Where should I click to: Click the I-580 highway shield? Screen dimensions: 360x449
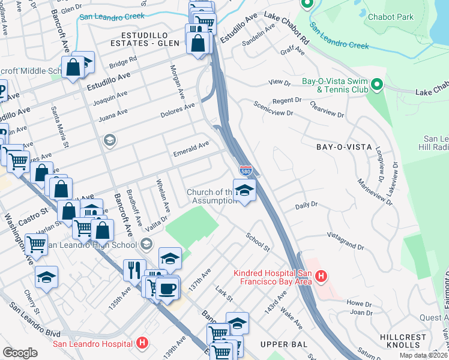[x=246, y=171]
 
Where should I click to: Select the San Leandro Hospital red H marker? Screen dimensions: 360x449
[x=142, y=343]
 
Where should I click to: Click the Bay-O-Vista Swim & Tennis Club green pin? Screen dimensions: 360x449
[x=376, y=85]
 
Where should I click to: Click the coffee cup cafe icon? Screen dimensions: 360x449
[x=167, y=287]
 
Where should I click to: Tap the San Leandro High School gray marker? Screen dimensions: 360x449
[x=146, y=244]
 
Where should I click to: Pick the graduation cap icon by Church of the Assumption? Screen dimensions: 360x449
[x=244, y=190]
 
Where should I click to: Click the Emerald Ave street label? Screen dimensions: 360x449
[x=191, y=145]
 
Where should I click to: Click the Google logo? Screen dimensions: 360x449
[x=20, y=352]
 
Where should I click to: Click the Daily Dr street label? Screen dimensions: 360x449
[x=306, y=205]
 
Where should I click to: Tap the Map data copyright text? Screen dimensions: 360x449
[x=424, y=355]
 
